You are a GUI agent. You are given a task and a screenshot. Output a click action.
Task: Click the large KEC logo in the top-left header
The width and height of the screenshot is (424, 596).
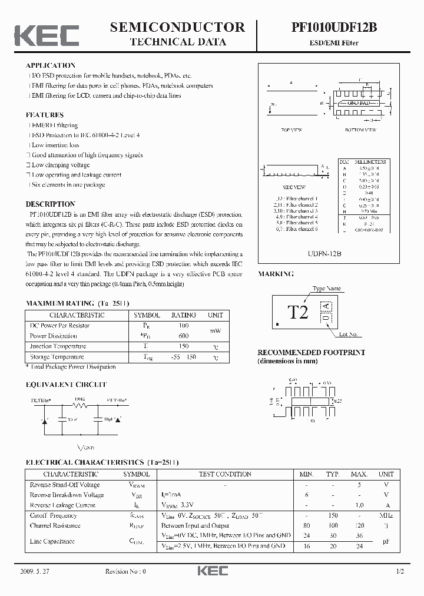(47, 35)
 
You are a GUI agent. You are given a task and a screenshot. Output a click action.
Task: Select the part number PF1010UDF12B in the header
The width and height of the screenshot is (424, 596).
(333, 28)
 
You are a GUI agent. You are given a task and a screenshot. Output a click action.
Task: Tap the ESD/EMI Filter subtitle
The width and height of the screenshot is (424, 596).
(333, 43)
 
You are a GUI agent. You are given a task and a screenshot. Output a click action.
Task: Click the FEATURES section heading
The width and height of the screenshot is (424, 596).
(44, 115)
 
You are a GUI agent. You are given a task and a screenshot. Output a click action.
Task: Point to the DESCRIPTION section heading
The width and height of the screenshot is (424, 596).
(50, 204)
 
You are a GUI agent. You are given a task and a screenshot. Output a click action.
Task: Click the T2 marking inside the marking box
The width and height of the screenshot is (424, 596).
(298, 313)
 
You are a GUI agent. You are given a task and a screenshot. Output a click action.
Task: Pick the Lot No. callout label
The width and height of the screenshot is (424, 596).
(349, 334)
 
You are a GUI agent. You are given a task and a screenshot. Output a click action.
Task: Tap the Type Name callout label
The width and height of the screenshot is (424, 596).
(327, 289)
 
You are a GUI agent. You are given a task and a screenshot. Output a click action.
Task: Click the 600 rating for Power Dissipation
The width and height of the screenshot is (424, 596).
(183, 336)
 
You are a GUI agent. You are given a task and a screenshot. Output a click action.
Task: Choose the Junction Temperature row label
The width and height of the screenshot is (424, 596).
(58, 346)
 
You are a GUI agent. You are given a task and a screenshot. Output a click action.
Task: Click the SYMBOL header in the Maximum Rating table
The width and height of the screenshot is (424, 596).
(147, 315)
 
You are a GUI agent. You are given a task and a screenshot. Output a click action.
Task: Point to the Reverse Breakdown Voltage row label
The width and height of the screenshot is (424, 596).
(67, 495)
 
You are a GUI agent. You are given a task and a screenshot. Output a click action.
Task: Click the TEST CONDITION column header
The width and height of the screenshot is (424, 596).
(225, 474)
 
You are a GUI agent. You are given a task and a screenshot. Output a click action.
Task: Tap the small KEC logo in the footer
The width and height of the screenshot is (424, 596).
(211, 571)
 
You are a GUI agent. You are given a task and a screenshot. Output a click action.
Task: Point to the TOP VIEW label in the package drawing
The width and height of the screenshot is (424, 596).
(291, 130)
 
